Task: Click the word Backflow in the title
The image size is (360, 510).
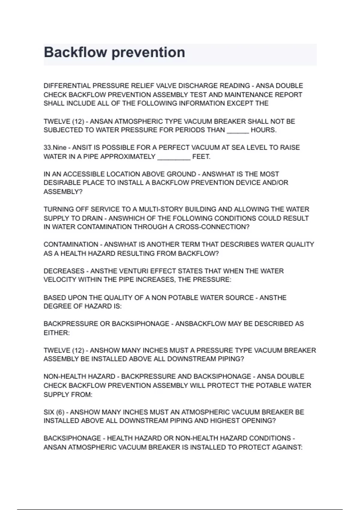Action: pyautogui.click(x=75, y=52)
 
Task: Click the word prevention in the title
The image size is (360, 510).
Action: pyautogui.click(x=148, y=52)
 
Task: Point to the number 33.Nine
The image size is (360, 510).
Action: pyautogui.click(x=55, y=148)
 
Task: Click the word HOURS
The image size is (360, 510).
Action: pyautogui.click(x=263, y=130)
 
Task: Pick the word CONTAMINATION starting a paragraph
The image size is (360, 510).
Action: pyautogui.click(x=71, y=244)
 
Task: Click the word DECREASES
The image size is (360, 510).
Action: pyautogui.click(x=64, y=271)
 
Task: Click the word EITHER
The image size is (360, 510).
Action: pyautogui.click(x=56, y=333)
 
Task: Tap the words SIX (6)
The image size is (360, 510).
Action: pyautogui.click(x=54, y=412)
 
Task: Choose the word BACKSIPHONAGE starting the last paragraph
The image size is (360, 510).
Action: pyautogui.click(x=72, y=438)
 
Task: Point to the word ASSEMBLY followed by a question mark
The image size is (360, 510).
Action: pyautogui.click(x=63, y=192)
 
